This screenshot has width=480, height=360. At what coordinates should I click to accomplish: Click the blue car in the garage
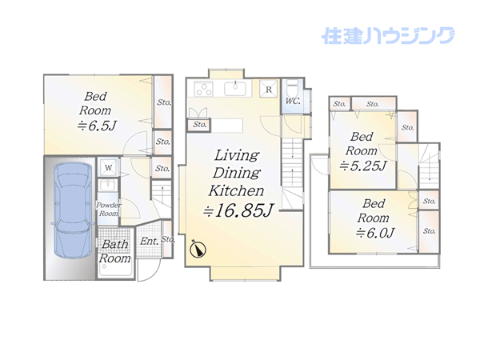tap(73, 210)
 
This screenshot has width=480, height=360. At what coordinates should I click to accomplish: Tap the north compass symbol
tap(198, 250)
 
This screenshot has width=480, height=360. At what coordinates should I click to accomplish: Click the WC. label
tap(293, 101)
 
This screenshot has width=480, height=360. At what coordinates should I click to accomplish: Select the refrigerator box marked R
tap(269, 89)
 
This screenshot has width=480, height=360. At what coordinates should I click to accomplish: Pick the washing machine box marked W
tap(108, 167)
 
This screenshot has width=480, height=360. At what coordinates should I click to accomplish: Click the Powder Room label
tap(109, 209)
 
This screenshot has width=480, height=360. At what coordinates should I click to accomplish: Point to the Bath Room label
tap(114, 251)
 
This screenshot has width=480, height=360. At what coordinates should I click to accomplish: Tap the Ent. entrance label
tap(149, 242)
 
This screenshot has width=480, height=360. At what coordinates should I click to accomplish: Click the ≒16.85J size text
tap(238, 210)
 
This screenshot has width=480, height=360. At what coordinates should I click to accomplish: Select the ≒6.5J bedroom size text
tap(97, 126)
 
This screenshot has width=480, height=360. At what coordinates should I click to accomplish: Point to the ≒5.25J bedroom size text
tap(363, 166)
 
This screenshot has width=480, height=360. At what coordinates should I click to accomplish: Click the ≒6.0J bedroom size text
tap(375, 233)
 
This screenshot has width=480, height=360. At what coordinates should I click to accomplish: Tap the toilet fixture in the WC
tap(293, 88)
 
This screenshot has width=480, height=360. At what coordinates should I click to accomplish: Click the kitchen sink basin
tap(235, 89)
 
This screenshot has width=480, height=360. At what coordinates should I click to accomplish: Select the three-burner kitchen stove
tap(203, 89)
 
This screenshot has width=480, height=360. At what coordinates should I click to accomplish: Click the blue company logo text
tap(388, 36)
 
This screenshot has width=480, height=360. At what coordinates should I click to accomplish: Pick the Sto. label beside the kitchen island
tap(199, 125)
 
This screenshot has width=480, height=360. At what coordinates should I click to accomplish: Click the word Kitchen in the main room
tap(236, 190)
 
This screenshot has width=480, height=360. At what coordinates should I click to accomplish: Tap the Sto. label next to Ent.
tap(167, 238)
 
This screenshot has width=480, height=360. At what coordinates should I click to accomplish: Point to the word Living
tap(237, 155)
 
